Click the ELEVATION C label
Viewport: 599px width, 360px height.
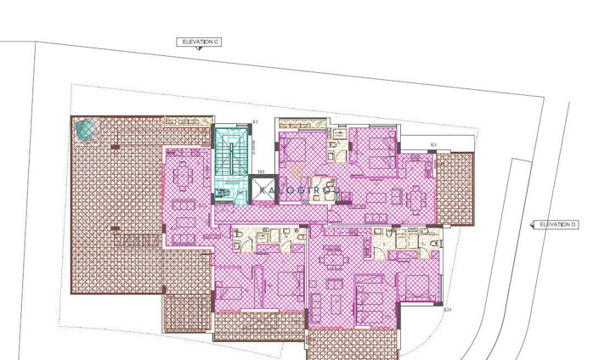[199, 41]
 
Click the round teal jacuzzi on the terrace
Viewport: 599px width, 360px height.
[86, 131]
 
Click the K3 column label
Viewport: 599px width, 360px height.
[255, 122]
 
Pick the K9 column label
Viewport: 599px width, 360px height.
[433, 145]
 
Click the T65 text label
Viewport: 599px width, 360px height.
[260, 172]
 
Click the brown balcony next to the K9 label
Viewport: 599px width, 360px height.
[455, 188]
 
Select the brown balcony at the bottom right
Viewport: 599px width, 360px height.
[351, 343]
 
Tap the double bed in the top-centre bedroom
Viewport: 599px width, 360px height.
[298, 152]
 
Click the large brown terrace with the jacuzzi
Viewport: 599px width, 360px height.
[115, 204]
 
